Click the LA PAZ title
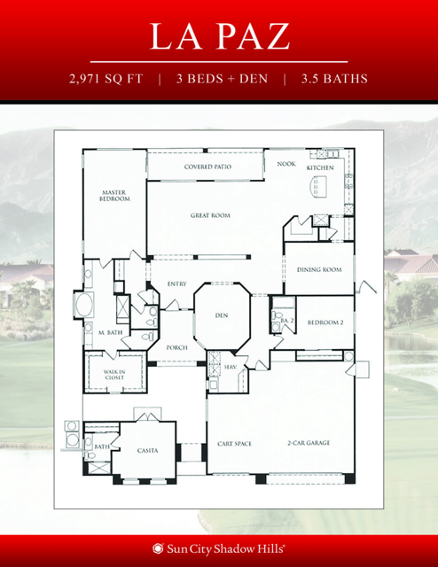[x=219, y=36]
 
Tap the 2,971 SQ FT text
[x=106, y=78]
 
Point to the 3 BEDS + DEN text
[x=221, y=78]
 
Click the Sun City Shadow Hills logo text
[x=225, y=548]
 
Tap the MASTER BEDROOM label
[x=114, y=196]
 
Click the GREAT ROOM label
[x=210, y=215]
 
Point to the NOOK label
[x=285, y=164]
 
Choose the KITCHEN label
[x=320, y=167]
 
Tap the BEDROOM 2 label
[x=325, y=324]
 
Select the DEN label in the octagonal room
[x=223, y=315]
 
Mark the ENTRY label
[x=176, y=283]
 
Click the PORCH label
[x=176, y=348]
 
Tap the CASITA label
[x=148, y=451]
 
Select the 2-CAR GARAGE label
[x=307, y=443]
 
